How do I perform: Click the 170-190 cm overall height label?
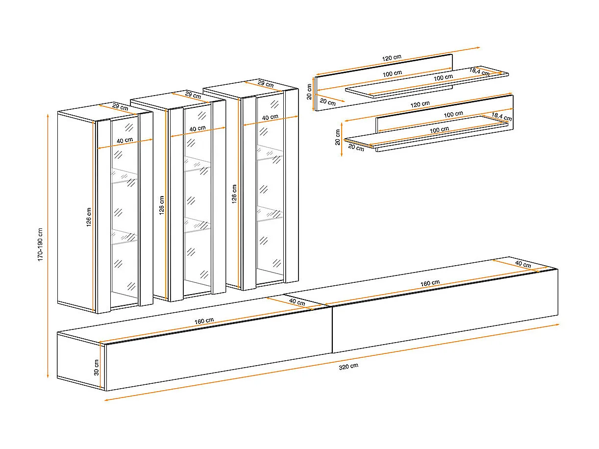click(41, 244)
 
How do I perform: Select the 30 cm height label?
click(97, 367)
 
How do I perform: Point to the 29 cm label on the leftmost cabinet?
click(120, 107)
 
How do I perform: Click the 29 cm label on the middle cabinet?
click(193, 95)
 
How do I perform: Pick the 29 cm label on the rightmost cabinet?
click(265, 84)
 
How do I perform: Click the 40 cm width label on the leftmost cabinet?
click(125, 140)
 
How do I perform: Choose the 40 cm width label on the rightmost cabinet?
click(270, 117)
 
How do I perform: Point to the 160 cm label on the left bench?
click(204, 321)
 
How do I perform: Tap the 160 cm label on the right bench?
click(430, 283)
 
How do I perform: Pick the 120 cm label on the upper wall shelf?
click(392, 57)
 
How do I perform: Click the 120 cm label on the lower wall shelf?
click(420, 104)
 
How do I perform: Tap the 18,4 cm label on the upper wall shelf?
click(479, 72)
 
